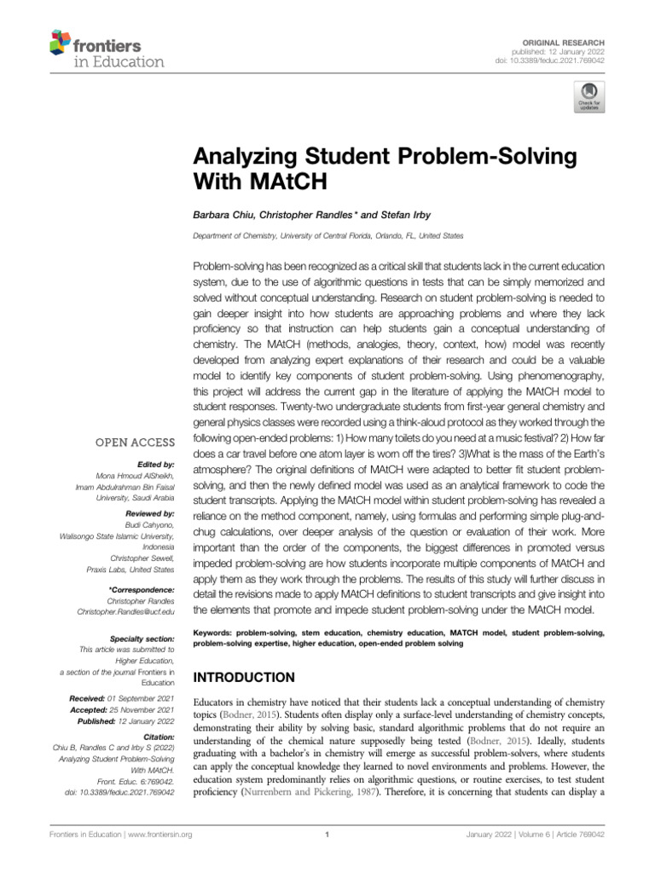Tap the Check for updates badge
[x=589, y=98]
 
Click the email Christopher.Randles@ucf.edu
[x=126, y=611]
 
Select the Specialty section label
[x=142, y=638]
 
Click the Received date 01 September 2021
[x=141, y=699]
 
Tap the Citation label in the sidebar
[x=158, y=735]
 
